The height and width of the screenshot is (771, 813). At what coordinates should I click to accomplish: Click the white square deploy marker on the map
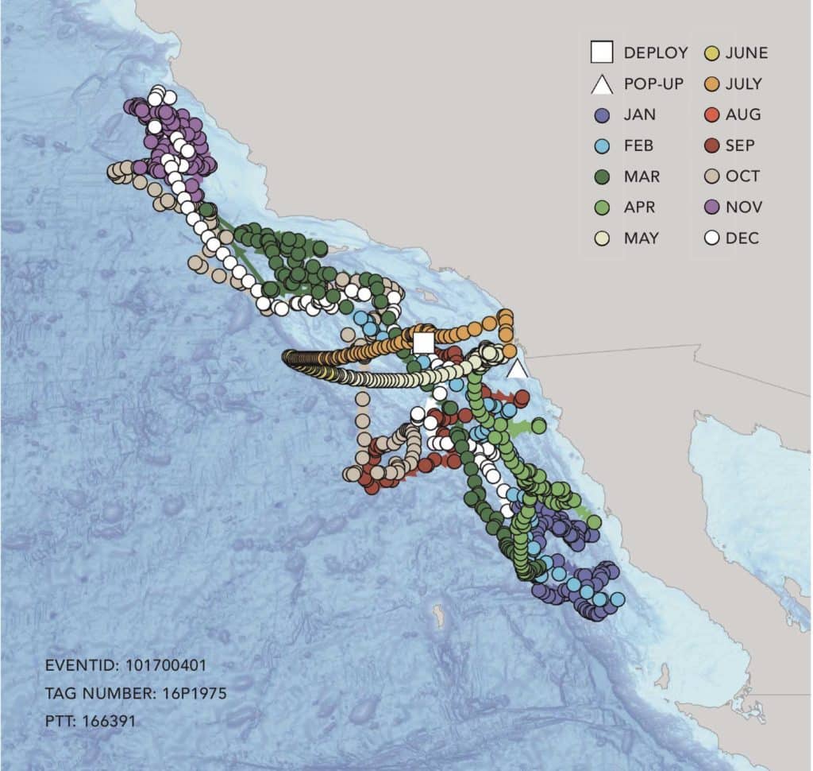(424, 343)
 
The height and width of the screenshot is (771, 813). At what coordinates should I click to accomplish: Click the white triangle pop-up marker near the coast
(518, 369)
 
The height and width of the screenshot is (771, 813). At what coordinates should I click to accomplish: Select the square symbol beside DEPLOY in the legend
(602, 53)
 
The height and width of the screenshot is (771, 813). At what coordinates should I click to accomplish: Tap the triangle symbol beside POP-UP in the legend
(602, 84)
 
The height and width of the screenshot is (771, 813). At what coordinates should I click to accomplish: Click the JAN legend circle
(602, 114)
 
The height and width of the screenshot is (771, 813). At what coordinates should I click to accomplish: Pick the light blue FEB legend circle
(602, 145)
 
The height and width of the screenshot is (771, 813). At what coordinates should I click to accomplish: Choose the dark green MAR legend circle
(602, 176)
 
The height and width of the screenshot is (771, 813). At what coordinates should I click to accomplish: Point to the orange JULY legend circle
(712, 84)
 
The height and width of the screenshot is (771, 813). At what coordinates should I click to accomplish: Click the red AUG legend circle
(712, 114)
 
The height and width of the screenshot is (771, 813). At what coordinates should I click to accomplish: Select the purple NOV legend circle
(712, 207)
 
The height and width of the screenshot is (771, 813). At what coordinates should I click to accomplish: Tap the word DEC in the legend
(742, 238)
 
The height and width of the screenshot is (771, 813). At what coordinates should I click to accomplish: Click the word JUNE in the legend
(746, 53)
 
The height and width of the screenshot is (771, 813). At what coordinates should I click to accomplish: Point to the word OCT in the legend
(742, 176)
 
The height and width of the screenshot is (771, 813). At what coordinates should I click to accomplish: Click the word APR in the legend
(640, 207)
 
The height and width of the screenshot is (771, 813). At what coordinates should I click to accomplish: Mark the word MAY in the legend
(642, 238)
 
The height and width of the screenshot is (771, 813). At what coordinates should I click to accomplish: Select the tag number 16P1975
(191, 693)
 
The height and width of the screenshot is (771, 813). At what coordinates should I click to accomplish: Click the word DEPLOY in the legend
(656, 53)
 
